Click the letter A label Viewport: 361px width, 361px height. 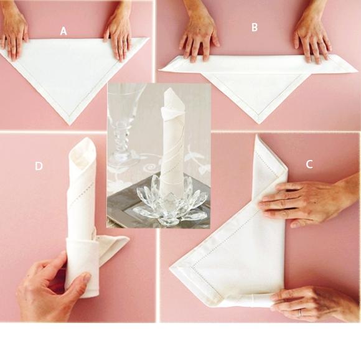tap(63, 31)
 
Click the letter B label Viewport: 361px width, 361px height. tap(254, 27)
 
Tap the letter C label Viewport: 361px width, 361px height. tap(309, 164)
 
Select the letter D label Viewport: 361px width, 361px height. tap(39, 166)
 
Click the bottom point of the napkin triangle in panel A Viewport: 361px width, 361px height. tap(70, 124)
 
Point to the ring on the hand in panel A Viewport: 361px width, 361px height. tap(124, 42)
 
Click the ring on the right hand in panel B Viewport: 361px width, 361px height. tap(321, 43)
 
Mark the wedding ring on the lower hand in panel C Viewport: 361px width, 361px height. tap(300, 312)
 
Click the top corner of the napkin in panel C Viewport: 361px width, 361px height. tap(256, 136)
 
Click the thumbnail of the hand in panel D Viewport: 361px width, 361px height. tap(87, 277)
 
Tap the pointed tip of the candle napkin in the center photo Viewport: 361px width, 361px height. tap(169, 88)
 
